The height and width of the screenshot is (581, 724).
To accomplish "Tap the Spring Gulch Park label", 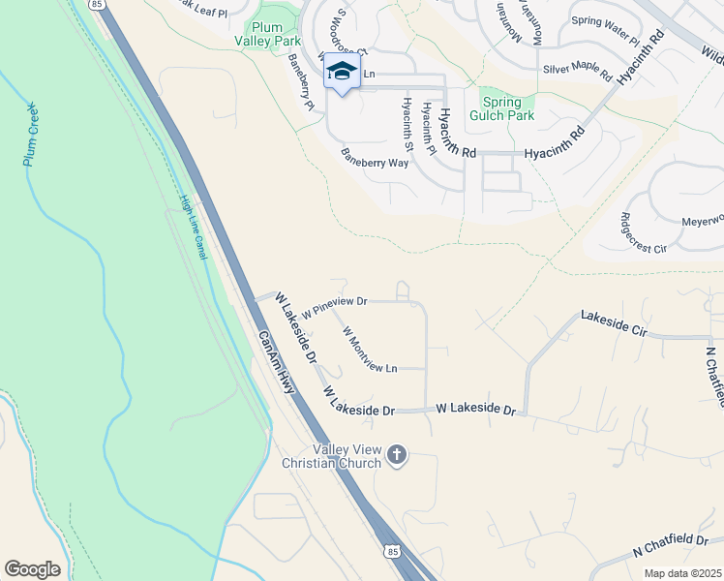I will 501,108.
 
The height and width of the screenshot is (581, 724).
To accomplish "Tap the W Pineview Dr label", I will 335,307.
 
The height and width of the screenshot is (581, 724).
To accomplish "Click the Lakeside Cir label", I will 613,321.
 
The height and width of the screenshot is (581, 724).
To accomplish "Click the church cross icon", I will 397,455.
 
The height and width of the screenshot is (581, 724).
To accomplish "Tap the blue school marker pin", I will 342,71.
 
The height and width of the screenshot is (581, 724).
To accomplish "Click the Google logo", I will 32,569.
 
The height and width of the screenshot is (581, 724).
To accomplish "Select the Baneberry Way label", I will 374,158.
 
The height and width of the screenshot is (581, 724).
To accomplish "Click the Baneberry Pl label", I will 301,81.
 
